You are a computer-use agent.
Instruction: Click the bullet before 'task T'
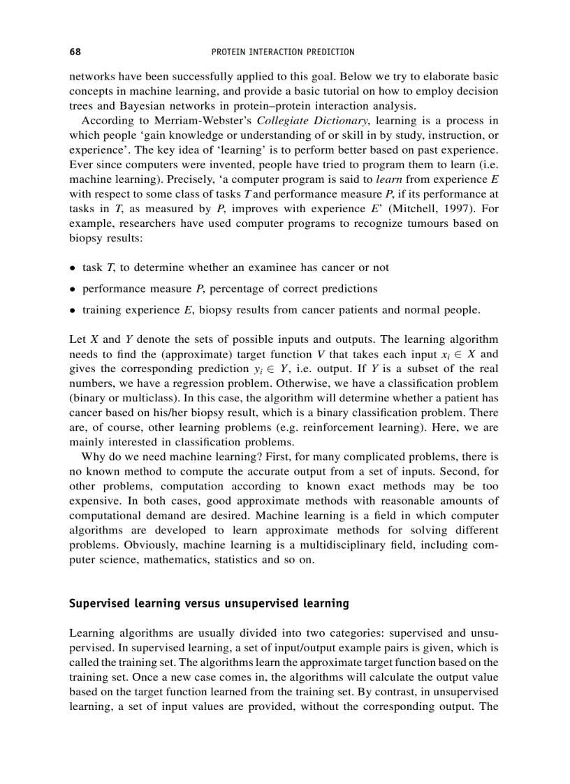click(73, 267)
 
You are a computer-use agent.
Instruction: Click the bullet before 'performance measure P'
click(73, 288)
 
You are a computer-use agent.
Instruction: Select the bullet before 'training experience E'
click(73, 309)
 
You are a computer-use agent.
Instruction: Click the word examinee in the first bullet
click(268, 267)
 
